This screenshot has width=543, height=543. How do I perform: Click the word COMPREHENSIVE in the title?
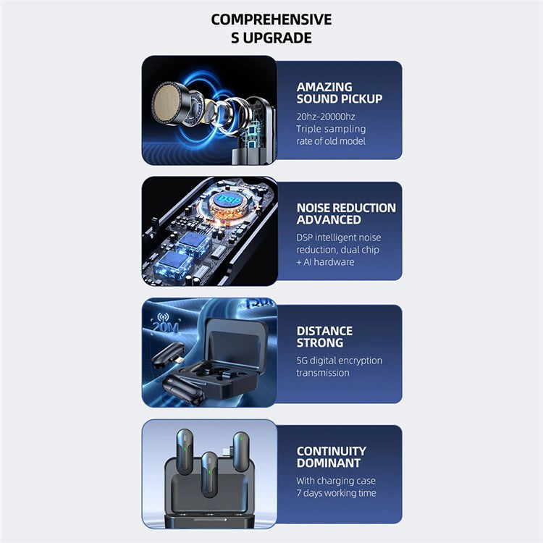(271, 20)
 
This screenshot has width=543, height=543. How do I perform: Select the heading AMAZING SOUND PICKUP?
(340, 93)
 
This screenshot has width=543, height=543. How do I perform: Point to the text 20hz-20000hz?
(326, 117)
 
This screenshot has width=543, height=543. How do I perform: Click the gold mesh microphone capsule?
(167, 104)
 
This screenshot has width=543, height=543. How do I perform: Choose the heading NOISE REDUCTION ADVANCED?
(346, 214)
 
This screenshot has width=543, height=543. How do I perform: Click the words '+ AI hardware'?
(325, 262)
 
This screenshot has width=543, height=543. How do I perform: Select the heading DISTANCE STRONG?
(324, 337)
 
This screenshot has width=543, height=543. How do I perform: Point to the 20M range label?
(166, 325)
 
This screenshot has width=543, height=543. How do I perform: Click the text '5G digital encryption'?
(340, 361)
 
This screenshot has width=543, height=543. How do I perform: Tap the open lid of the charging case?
(236, 340)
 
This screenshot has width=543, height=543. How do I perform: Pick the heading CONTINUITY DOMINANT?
(331, 457)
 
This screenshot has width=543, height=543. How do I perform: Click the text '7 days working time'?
(336, 493)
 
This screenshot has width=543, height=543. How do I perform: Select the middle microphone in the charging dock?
(209, 474)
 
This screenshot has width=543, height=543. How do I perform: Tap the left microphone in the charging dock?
(185, 451)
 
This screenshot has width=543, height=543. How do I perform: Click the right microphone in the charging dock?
(241, 454)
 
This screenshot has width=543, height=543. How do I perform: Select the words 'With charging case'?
(336, 481)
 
